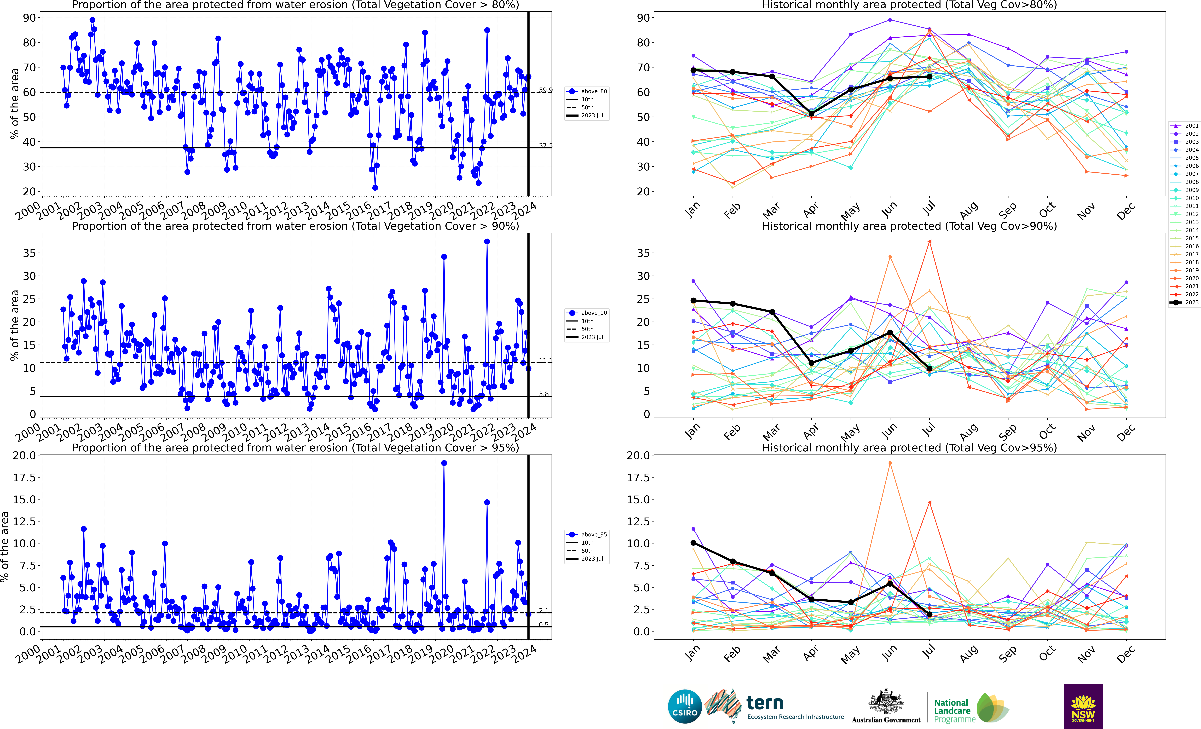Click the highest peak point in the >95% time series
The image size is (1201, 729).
(x=444, y=463)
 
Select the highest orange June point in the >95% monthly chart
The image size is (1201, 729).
(x=890, y=463)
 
